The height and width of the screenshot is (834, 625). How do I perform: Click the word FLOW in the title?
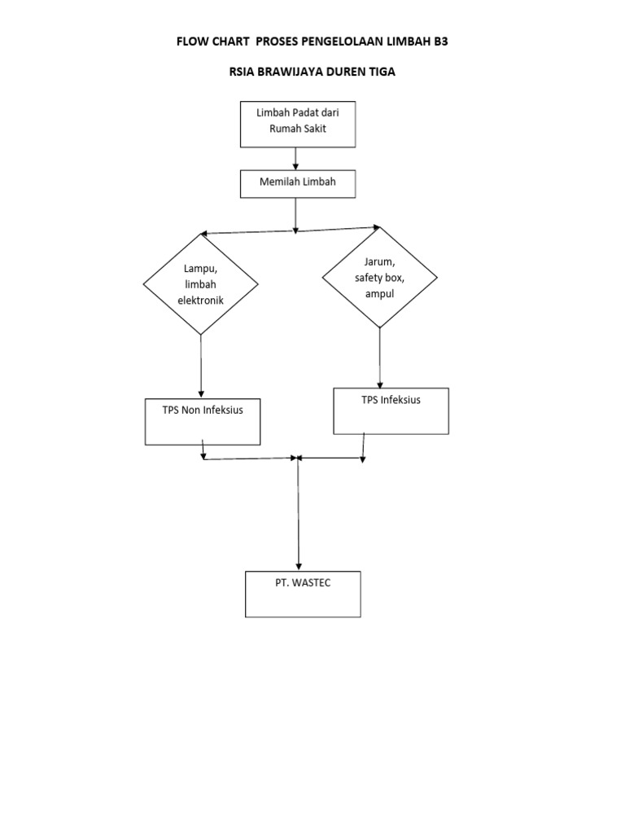coord(194,41)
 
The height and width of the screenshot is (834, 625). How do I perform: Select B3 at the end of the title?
coord(439,41)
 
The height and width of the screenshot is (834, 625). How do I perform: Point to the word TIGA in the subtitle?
coord(379,72)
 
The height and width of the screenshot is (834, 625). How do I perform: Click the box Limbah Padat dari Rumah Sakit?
coord(298,124)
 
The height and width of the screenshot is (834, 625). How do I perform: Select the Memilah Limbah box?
coord(298,183)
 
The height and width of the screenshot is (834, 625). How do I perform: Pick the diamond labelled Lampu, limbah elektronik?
coord(201,284)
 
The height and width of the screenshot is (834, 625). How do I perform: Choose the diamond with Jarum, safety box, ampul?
coord(380,278)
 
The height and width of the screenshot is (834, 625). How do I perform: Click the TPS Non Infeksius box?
coord(203,421)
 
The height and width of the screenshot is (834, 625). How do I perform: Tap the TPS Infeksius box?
coord(391,410)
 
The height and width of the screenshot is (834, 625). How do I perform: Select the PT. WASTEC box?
coord(303,594)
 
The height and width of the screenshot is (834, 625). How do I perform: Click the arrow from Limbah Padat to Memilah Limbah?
coord(296,158)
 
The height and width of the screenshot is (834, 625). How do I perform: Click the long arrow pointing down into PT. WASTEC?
coord(299,513)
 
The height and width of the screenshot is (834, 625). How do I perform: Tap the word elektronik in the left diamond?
coord(200,301)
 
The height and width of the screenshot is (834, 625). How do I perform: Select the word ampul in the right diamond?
coord(380,293)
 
